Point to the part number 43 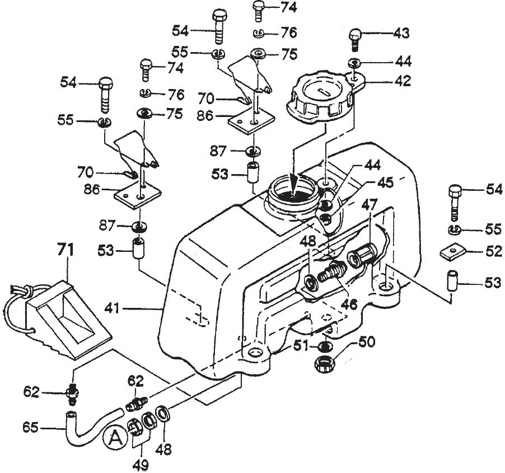pyautogui.click(x=400, y=33)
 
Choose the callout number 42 pyautogui.click(x=401, y=81)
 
